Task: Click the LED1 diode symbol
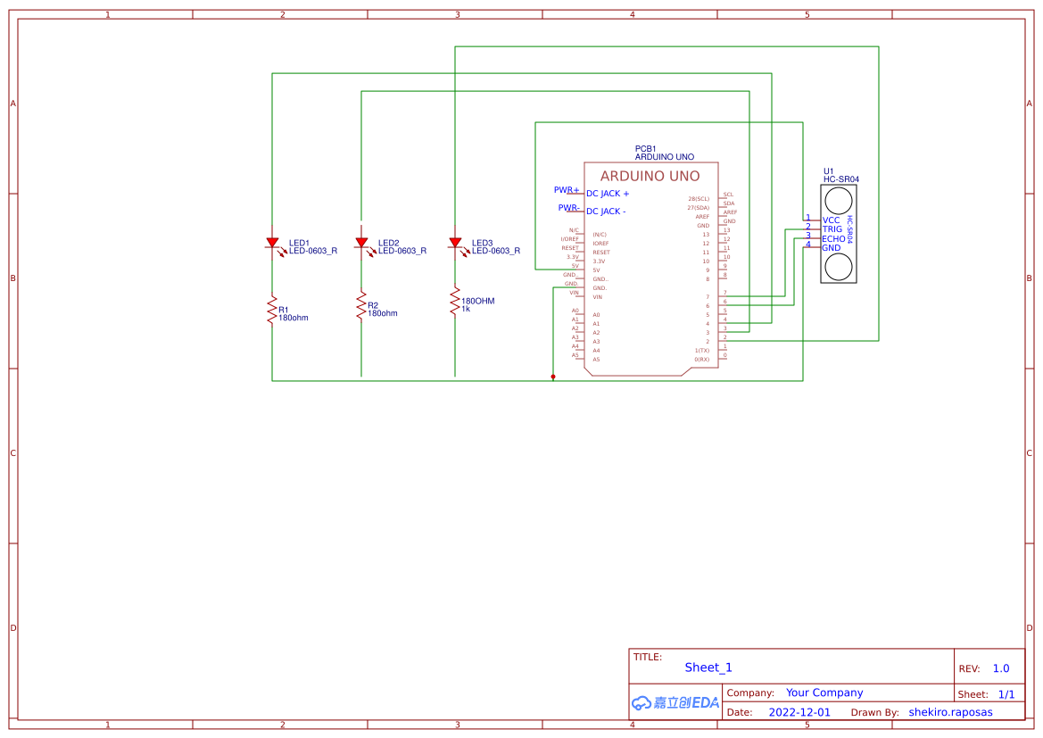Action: (x=272, y=243)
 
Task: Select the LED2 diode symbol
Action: (x=361, y=243)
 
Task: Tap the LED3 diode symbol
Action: (x=455, y=243)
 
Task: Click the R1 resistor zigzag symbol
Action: (x=272, y=311)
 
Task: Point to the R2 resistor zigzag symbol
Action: (x=361, y=306)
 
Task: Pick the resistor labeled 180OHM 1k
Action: (x=455, y=302)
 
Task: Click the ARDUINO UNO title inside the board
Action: (x=650, y=177)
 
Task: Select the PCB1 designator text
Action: (x=645, y=149)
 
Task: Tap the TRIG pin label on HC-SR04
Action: (x=832, y=229)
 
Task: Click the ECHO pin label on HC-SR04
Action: (x=833, y=239)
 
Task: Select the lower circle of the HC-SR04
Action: (x=838, y=267)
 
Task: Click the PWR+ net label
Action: (x=567, y=190)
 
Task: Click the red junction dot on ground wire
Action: (x=553, y=377)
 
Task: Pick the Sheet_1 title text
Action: (x=708, y=668)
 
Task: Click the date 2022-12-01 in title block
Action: (x=799, y=712)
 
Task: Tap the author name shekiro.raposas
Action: (x=950, y=712)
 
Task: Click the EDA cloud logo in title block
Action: (x=675, y=703)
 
